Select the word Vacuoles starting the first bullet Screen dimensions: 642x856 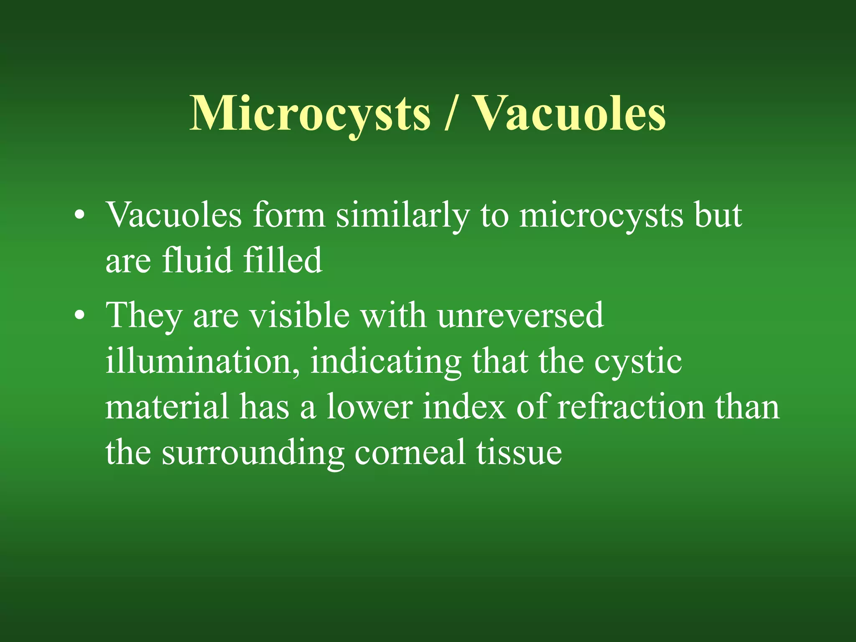click(173, 216)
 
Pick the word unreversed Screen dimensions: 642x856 click(520, 316)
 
